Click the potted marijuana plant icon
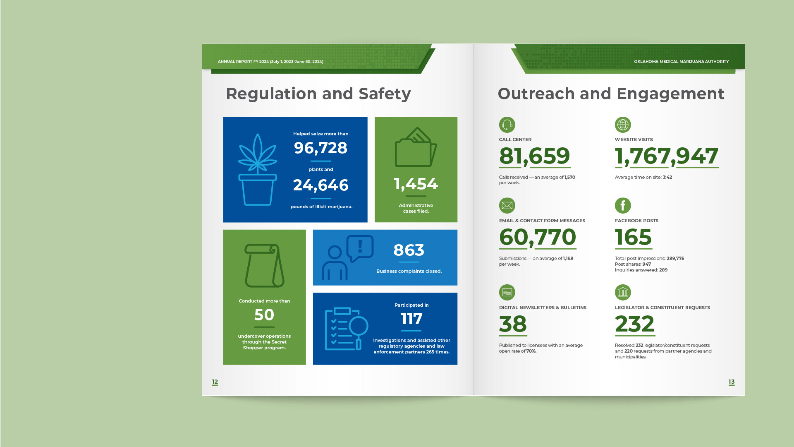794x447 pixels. tap(257, 170)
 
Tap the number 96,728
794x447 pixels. tap(320, 148)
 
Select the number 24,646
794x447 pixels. tap(320, 185)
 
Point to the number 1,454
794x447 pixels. tap(416, 184)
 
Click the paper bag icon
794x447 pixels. tap(264, 265)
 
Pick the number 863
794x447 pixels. tap(409, 250)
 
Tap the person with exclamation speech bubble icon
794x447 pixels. tap(347, 257)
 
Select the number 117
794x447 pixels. tap(411, 319)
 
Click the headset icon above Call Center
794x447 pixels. tap(507, 125)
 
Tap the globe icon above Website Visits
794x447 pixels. tap(623, 125)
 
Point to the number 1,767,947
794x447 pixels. tap(666, 156)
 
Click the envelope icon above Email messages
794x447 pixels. tap(507, 206)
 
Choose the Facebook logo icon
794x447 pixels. tap(623, 206)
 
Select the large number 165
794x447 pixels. tap(633, 237)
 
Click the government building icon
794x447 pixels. tap(623, 293)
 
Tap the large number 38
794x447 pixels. tap(513, 324)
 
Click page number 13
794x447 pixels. tap(731, 382)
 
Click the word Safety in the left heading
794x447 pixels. tap(385, 94)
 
